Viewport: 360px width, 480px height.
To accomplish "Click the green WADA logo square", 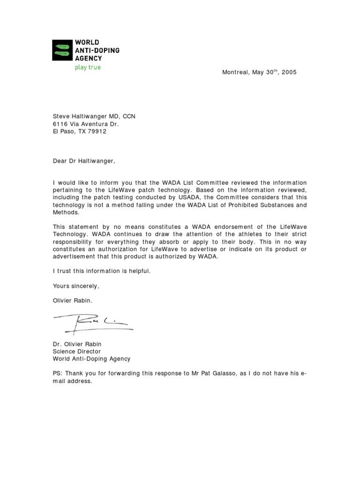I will point(62,50).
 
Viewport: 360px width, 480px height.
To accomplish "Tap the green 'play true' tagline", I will point(88,67).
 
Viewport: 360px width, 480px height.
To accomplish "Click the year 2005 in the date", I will point(289,73).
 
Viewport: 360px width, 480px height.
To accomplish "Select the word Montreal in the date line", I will point(236,73).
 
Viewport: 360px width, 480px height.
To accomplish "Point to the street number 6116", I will point(60,124).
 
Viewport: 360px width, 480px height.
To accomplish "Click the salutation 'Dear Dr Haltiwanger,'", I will point(83,161).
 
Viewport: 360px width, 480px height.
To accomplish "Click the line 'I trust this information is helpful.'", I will point(102,271).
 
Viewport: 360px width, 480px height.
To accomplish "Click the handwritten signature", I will point(94,322).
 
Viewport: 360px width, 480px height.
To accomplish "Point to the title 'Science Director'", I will point(76,351).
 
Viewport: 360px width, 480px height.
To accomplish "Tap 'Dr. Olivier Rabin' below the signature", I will point(77,344).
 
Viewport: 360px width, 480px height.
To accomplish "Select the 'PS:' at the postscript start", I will point(58,374).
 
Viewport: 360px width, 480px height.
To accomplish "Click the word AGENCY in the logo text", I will point(89,58).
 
